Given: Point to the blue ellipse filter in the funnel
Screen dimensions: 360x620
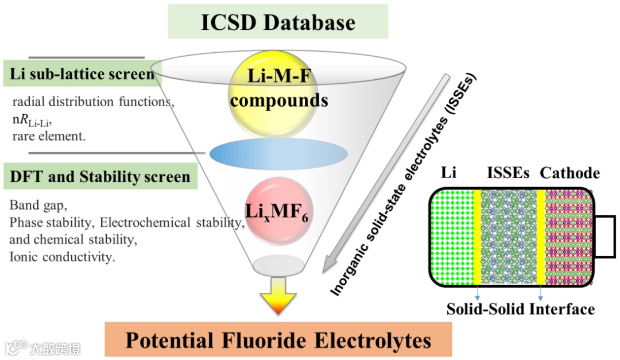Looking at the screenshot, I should pos(278,153).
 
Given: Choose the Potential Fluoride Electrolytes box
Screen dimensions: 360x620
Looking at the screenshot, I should pos(278,340).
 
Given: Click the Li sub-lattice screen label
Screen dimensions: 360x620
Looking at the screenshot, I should pos(82,74).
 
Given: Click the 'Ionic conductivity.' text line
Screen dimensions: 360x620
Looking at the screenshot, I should pos(63,257).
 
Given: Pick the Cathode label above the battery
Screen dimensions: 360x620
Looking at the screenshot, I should pos(569,173).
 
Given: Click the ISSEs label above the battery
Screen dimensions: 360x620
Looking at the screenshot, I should pos(507,173).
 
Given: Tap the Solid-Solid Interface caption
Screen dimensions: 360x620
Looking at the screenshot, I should pos(520,309).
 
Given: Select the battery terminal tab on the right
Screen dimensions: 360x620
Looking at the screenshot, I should pos(604,236).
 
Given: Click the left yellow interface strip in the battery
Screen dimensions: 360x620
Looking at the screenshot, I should pos(477,237).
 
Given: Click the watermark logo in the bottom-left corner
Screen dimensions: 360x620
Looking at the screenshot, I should pos(17,347).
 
